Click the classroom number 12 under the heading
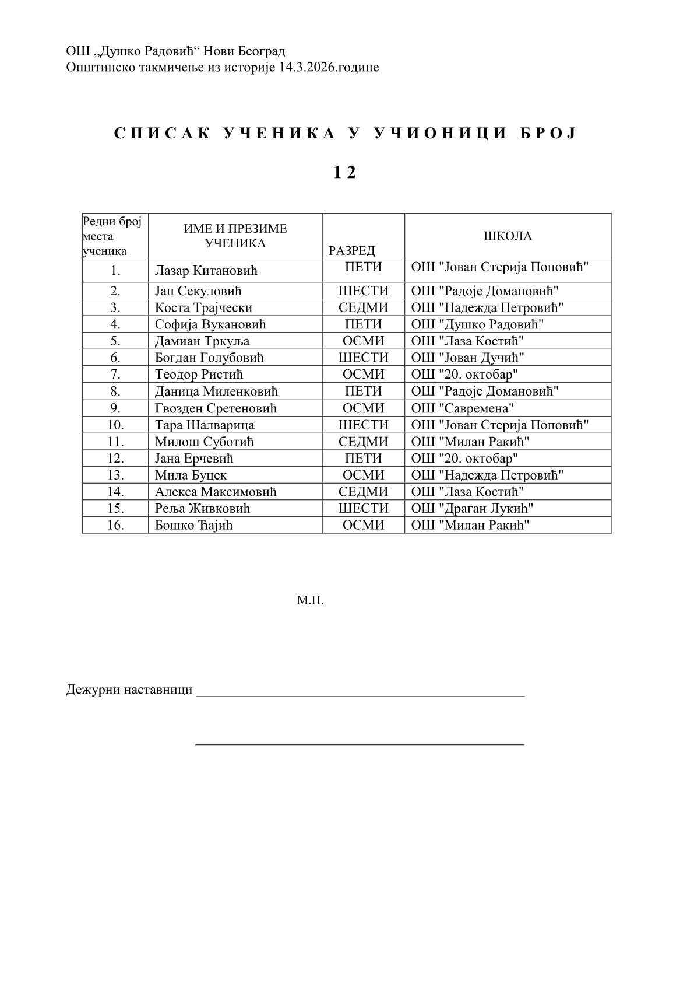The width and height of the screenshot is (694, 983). pos(344,173)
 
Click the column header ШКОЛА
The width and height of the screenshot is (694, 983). pos(508,236)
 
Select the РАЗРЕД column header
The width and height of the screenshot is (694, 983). pos(352,251)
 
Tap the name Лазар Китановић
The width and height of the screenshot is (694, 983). pos(206,271)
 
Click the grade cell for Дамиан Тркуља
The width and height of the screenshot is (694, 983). pos(363,341)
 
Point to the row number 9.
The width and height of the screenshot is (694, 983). pos(115,408)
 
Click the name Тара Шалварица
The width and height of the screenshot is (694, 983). pos(205,425)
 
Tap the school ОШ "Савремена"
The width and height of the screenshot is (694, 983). pos(463,408)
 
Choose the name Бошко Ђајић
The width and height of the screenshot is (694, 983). pos(194,525)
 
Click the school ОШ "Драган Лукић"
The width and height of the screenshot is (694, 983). pos(472,508)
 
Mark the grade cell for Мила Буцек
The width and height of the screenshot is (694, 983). pos(363,475)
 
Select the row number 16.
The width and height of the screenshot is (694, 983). pos(115,525)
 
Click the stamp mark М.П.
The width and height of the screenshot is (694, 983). pos(310,600)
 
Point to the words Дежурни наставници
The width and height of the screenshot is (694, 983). pos(129,690)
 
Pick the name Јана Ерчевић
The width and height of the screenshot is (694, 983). pos(194,459)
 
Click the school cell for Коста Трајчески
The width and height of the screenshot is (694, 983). pos(487,307)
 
